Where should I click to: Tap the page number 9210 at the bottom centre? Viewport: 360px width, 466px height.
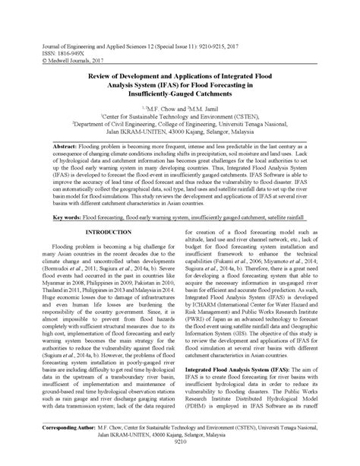180,461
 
